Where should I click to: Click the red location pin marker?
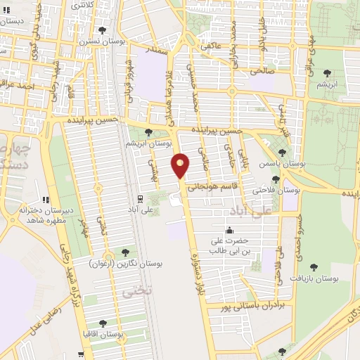(x=181, y=166)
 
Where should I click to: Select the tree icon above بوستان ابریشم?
(x=148, y=131)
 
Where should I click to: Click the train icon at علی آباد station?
(x=141, y=198)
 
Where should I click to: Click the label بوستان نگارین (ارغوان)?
(x=126, y=264)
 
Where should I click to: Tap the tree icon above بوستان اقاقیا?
(x=103, y=323)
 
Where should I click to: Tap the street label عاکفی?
(x=212, y=46)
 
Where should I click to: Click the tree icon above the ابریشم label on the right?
(x=326, y=73)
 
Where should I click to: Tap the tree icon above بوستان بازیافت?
(x=313, y=267)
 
